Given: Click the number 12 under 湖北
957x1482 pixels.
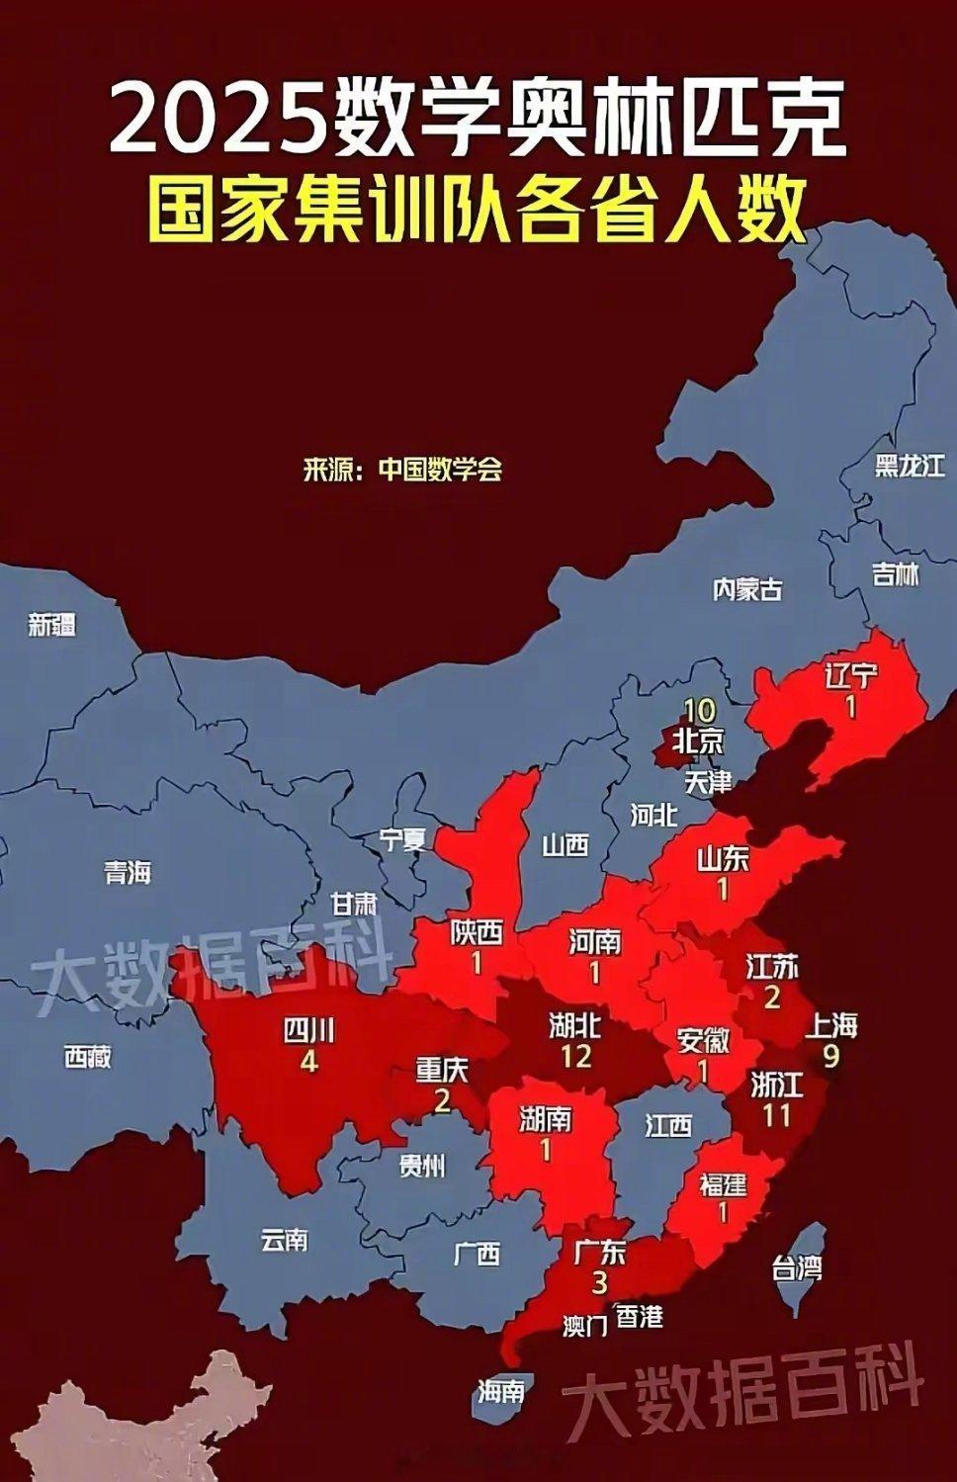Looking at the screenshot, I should coord(575,1056).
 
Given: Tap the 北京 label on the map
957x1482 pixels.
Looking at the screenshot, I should coord(698,741).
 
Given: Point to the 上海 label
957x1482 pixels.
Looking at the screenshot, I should coord(831,1025).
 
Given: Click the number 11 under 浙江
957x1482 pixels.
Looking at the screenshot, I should coord(777,1115).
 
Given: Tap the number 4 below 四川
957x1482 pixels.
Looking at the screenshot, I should coord(308,1062).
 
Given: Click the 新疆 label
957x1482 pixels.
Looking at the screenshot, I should coord(52,624).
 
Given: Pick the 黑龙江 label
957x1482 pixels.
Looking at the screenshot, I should coord(910,466).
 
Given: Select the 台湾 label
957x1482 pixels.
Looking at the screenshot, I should coord(797,1267).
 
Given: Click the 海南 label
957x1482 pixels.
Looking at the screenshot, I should coord(500,1391).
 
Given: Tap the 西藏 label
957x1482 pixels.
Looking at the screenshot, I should coord(88,1057).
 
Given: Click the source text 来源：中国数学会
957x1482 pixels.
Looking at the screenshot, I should coord(403,469).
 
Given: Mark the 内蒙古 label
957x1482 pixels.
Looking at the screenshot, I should coord(747,589).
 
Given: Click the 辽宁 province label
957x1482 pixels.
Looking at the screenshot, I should coord(850,677).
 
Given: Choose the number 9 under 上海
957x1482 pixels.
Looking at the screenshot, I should coord(830,1056).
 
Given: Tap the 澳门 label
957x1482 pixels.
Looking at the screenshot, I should coord(584,1326).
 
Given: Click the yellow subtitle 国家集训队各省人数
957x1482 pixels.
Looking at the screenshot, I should coord(478,209).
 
